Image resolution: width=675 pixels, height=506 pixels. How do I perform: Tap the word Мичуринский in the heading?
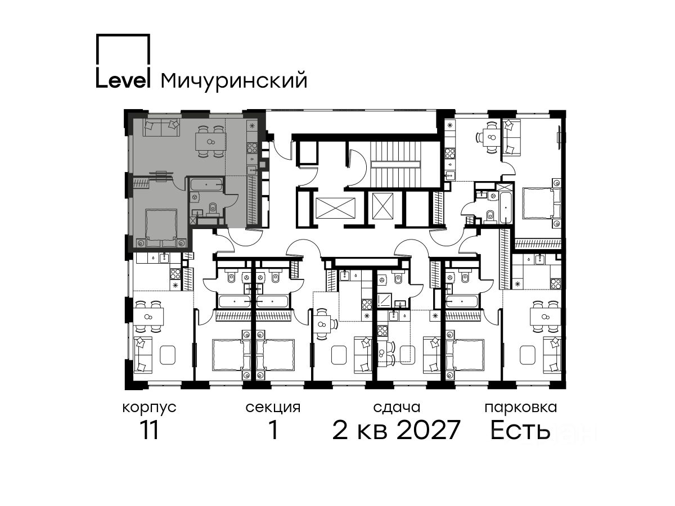pos(234,82)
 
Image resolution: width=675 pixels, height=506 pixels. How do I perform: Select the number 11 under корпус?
pos(149,430)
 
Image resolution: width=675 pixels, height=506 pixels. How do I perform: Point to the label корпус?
pos(150,408)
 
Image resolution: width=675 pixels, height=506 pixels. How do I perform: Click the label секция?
pos(273,408)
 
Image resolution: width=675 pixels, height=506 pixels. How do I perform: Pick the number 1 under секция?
pos(273,430)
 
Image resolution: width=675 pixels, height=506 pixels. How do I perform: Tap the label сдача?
pos(397,408)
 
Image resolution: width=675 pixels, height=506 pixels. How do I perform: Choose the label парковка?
pos(521,408)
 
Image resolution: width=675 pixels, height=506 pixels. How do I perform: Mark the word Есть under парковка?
pos(520,430)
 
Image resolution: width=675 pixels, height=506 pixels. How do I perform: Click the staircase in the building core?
pos(395,164)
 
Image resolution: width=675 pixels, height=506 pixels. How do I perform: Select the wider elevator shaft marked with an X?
pos(335,208)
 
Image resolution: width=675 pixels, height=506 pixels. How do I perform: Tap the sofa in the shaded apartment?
pos(161,128)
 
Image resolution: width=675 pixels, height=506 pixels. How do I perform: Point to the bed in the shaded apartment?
pos(161,228)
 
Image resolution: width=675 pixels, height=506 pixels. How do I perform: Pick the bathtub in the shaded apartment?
pos(206,184)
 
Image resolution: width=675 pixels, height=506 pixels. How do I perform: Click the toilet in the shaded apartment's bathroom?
pos(212,208)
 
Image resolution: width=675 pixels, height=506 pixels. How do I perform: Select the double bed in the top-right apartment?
pos(542,204)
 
